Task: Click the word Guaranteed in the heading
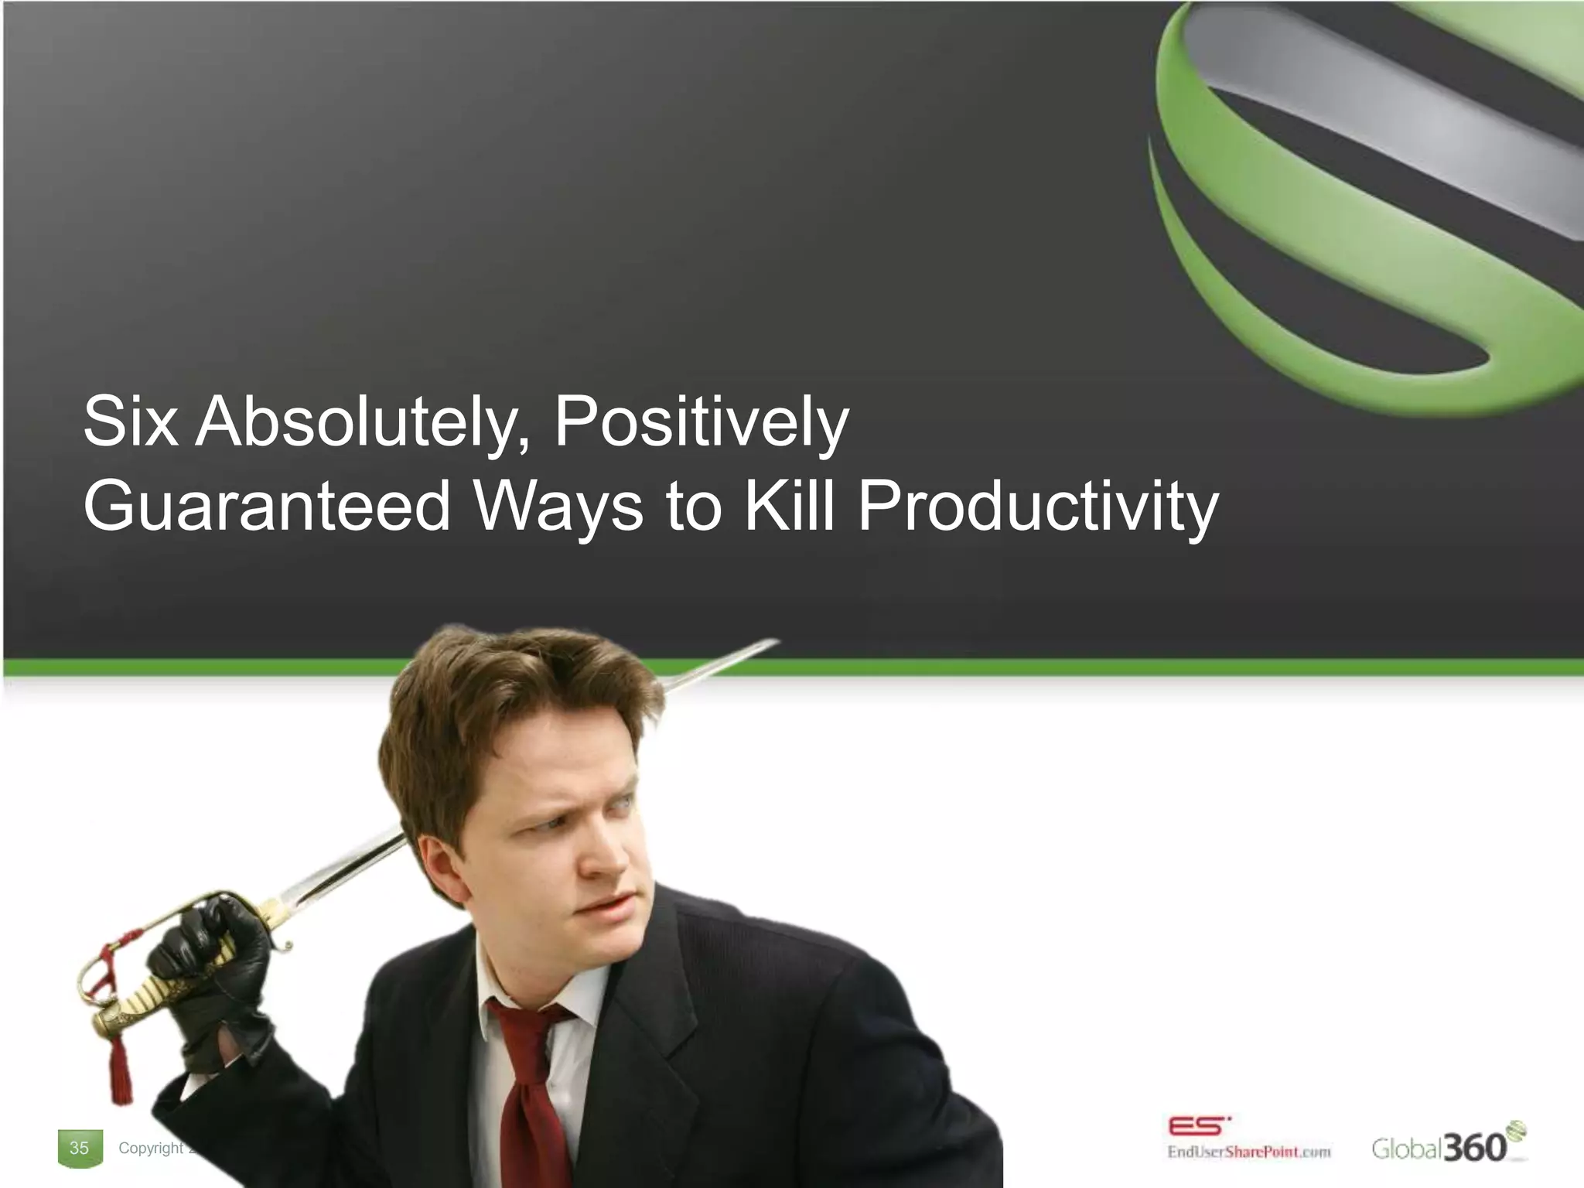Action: click(x=267, y=507)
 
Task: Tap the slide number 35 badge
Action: click(x=79, y=1148)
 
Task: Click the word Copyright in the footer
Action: click(x=151, y=1148)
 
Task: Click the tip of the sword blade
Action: click(x=773, y=641)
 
